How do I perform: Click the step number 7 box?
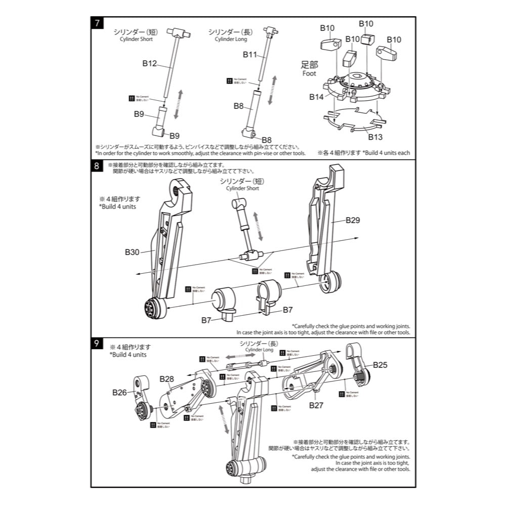tap(96, 23)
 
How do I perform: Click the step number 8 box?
tap(96, 166)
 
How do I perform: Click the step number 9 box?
tap(96, 343)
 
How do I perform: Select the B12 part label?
tap(150, 64)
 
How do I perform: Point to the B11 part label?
tap(250, 54)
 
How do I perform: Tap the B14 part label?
tap(317, 96)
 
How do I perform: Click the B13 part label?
tap(375, 137)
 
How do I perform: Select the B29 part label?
tap(353, 220)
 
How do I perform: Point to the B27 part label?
tap(316, 405)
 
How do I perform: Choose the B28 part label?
tap(166, 379)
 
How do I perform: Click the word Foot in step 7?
tap(309, 73)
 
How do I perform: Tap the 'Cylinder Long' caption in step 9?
tap(259, 350)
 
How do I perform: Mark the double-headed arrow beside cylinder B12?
tap(177, 103)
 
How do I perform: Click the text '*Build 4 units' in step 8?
tap(117, 206)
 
